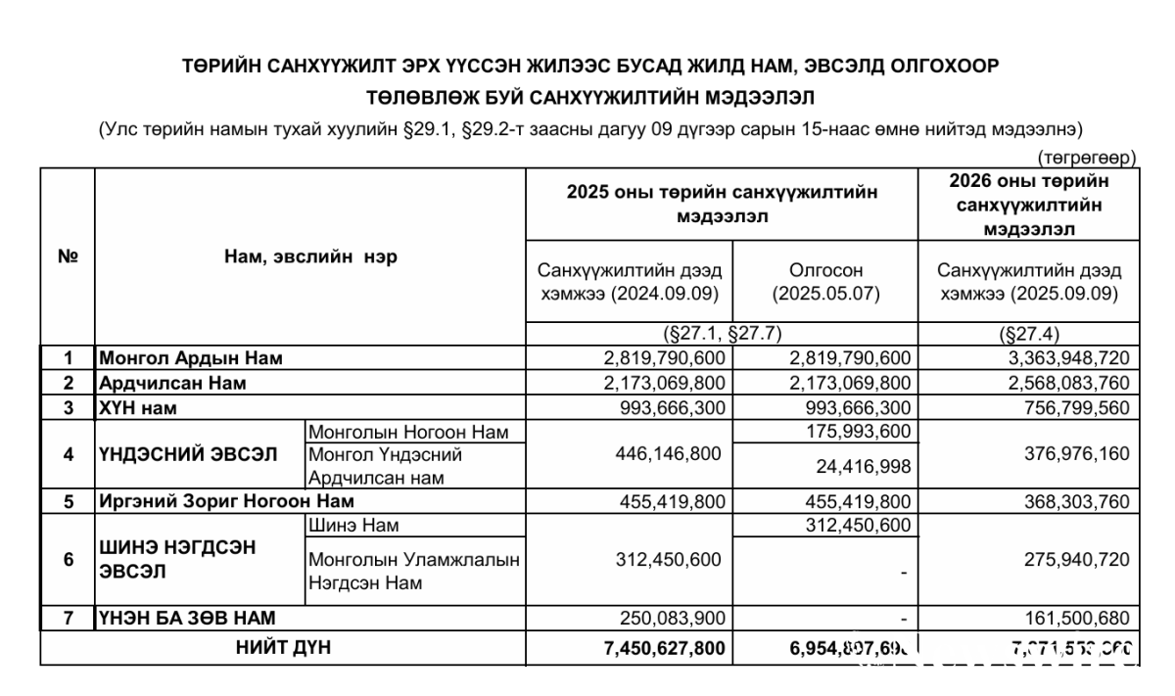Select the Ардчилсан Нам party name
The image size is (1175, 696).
(x=171, y=383)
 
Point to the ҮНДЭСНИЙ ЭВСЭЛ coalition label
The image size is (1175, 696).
(x=188, y=454)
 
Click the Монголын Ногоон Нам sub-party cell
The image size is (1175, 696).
(x=409, y=432)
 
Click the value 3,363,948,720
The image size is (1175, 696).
(x=1062, y=358)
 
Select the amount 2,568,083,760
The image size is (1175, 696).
(x=1062, y=383)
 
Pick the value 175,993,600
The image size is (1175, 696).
(x=850, y=432)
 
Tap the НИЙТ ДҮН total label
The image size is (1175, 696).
(x=283, y=646)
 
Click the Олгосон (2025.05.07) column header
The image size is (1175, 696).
(x=825, y=281)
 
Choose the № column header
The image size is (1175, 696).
(x=68, y=256)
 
